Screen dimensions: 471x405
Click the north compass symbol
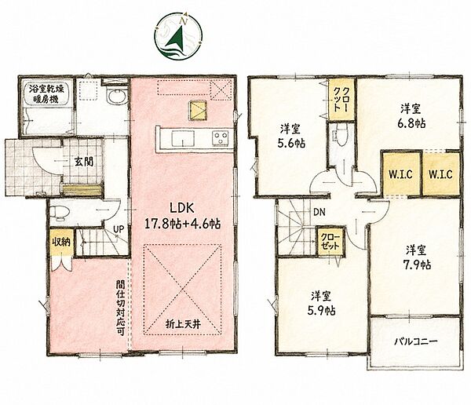pos(178,36)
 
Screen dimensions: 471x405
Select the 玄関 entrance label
pos(84,162)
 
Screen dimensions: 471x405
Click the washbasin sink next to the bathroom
pos(115,97)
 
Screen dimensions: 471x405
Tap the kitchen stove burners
pos(221,138)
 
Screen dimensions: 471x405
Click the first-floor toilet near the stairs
pos(60,212)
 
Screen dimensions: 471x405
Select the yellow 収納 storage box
pos(61,242)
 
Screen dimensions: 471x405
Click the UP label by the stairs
pos(119,229)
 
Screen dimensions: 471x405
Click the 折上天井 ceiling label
pos(183,324)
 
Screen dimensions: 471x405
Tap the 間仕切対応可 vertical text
pos(121,308)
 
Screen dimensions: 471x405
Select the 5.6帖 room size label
pos(291,143)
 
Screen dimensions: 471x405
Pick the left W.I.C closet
pos(400,173)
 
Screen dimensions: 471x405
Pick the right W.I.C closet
pos(441,173)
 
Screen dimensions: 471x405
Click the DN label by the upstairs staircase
pos(319,213)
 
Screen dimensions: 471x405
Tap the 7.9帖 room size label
pos(417,265)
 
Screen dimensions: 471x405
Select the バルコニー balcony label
pos(416,341)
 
